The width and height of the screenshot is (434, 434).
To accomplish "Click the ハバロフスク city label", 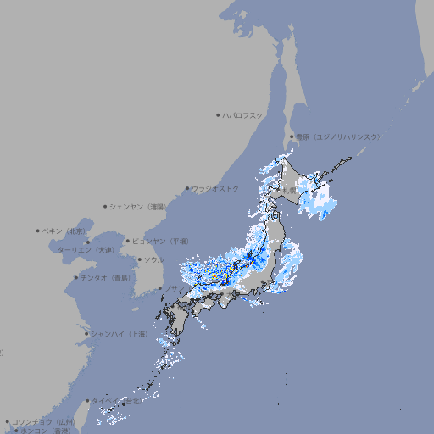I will coord(242,114).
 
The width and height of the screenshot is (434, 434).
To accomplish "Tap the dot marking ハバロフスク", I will coord(218,114).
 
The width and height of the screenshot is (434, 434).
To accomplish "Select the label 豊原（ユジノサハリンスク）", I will coord(338,136).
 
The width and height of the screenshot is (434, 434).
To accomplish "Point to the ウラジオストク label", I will coord(215,188).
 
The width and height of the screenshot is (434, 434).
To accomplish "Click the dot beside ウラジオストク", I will coord(187,188).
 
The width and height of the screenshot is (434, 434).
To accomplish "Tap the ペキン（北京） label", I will coord(64,231).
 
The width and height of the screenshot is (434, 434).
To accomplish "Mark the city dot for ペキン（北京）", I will coord(38,231).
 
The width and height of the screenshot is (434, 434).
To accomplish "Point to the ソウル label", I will coord(153,259).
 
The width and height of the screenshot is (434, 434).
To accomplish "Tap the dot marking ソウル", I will coord(138,259).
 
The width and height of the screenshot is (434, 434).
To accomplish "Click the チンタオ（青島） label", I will coord(105,277).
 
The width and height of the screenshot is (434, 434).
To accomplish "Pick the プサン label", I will coord(173,288).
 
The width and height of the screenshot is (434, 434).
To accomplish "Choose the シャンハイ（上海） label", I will coord(119,334).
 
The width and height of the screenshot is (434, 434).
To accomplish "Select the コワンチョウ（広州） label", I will coord(43,421).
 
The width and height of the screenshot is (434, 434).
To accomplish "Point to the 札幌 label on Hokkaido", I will coord(290,191).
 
